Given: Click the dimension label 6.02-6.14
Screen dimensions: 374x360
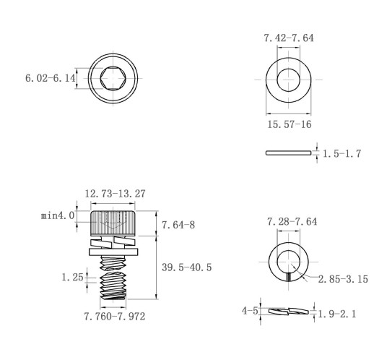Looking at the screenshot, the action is pos(51,78).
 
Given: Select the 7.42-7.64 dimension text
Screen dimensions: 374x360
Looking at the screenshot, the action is pos(289,38).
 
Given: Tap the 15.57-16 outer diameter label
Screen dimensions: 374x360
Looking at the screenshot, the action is pos(290,124).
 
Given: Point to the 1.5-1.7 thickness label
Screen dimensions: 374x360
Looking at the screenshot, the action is pos(342,153).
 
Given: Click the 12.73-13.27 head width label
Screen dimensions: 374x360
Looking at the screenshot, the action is pos(115,194).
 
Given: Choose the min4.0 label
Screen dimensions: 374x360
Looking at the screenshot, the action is pos(58,215).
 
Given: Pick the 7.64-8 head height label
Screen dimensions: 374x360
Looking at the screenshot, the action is pos(178,225).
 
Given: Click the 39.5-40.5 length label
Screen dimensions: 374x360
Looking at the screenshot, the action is pos(186,267).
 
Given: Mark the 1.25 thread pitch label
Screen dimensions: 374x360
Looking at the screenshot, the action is pos(72,278).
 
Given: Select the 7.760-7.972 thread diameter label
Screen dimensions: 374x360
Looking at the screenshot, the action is pos(115,317).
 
